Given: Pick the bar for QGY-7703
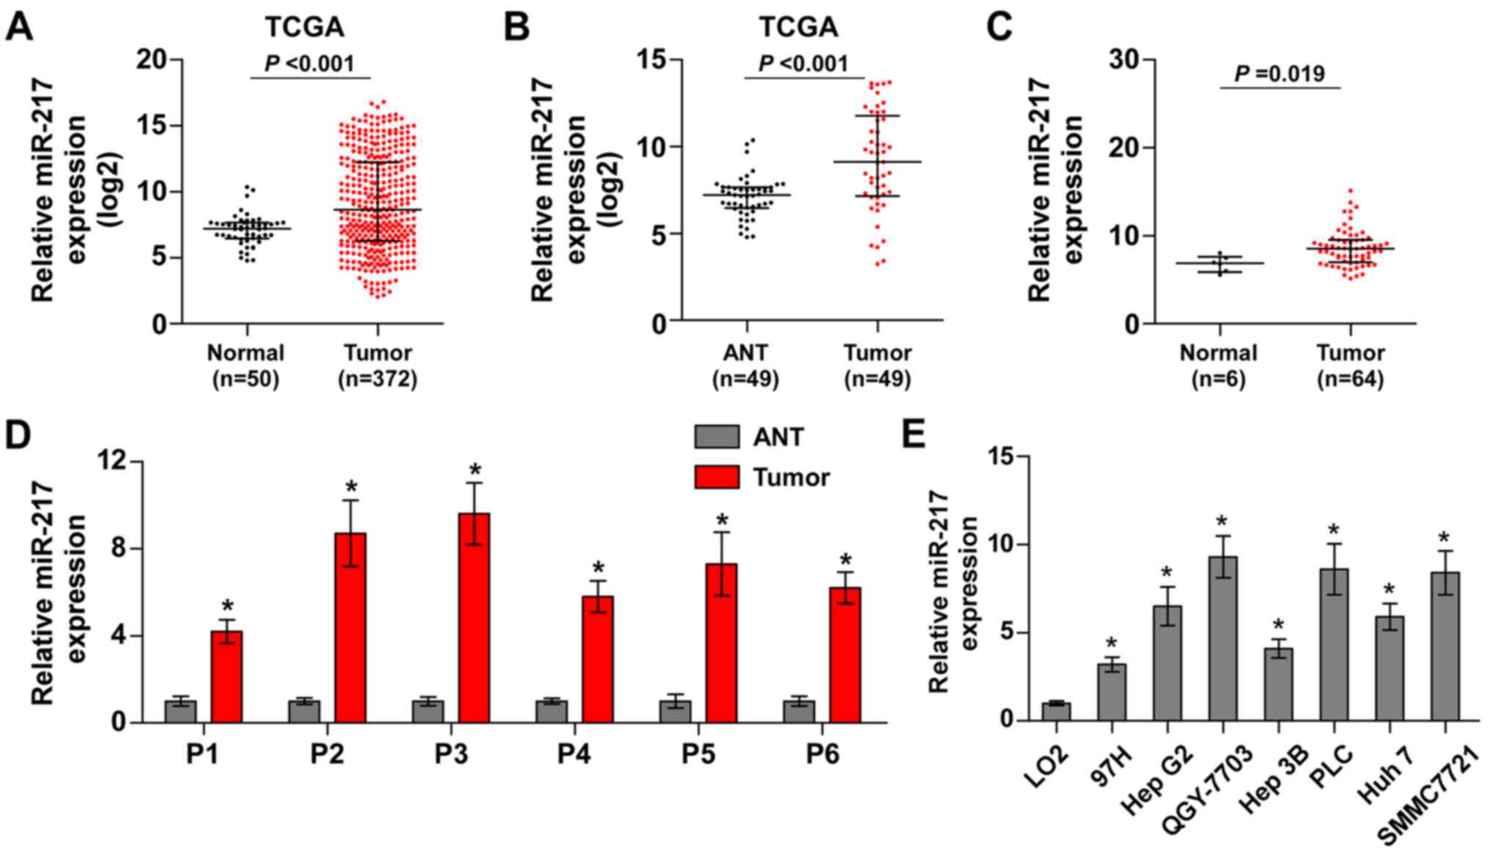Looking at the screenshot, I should click(1222, 638).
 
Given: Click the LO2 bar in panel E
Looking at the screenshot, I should click(1056, 711).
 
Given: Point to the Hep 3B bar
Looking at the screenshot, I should click(1278, 683).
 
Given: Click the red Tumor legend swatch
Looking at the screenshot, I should click(716, 477).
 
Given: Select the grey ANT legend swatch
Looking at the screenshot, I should click(716, 437).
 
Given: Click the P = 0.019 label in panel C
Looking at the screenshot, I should click(1279, 74).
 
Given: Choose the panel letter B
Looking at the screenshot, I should click(516, 28).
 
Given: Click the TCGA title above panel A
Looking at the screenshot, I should click(304, 28).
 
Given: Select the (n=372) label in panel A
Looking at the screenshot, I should click(378, 380).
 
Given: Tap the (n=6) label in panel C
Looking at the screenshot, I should click(1218, 380).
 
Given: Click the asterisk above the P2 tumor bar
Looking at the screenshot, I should click(351, 487).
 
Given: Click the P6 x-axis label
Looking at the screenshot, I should click(823, 754).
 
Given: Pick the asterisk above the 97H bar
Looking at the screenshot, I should click(1111, 644).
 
